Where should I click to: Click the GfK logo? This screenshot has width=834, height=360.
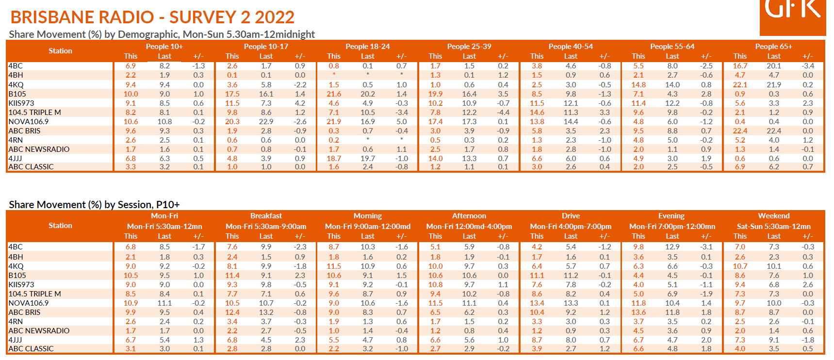[792, 15]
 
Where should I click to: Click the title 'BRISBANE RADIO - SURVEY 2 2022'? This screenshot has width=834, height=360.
[152, 17]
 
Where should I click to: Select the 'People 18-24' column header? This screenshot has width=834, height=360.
[367, 47]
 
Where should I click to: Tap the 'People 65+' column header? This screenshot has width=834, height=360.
[773, 47]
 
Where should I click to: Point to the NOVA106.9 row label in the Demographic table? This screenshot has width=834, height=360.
[29, 122]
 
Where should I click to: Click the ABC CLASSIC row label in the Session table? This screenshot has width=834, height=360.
[31, 349]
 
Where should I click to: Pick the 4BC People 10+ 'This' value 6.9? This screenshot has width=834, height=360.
[131, 66]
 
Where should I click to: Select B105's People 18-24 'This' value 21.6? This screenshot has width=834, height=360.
[334, 94]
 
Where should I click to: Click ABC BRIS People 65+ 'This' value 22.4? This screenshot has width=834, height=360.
[740, 131]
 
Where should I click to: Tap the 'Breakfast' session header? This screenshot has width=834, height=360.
[266, 216]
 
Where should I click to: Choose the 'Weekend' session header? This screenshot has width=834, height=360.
[773, 216]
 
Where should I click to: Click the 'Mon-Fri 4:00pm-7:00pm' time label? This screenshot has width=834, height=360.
[571, 227]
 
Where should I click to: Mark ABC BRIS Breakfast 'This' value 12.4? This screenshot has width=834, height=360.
[232, 312]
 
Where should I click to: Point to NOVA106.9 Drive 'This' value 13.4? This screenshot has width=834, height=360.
[537, 303]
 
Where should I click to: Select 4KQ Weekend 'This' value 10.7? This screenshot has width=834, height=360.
[740, 266]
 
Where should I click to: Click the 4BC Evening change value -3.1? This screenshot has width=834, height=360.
[706, 247]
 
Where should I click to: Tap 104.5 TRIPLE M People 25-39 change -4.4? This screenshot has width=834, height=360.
[503, 113]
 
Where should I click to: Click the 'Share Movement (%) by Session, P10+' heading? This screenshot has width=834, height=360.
[94, 205]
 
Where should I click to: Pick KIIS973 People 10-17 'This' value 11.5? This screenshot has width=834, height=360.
[232, 103]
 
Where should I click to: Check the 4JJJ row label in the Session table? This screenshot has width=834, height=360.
[15, 340]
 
